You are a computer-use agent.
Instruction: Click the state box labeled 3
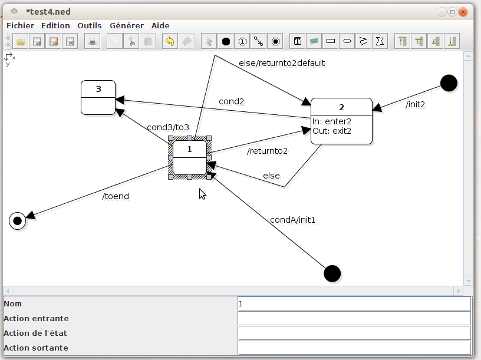[98, 97]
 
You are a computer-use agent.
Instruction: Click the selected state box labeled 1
[189, 158]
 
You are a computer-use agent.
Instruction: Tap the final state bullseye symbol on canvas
[18, 221]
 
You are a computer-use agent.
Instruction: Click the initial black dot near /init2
[449, 84]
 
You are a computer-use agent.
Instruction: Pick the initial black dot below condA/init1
[332, 274]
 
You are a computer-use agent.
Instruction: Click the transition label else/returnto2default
[281, 63]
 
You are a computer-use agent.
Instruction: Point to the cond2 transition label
[231, 101]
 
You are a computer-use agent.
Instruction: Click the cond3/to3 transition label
[168, 127]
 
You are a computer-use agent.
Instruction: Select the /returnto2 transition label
[267, 151]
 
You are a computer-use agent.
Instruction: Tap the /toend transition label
[116, 196]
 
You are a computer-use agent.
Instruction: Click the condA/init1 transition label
[293, 220]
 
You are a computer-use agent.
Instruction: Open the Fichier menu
[20, 26]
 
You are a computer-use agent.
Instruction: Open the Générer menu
[126, 26]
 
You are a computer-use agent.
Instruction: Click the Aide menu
[160, 26]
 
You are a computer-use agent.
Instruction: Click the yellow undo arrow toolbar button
[170, 41]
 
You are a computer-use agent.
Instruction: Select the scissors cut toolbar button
[132, 41]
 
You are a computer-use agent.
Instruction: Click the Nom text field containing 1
[354, 303]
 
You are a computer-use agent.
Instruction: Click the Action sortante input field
[354, 348]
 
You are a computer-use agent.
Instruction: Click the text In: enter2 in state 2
[332, 121]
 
